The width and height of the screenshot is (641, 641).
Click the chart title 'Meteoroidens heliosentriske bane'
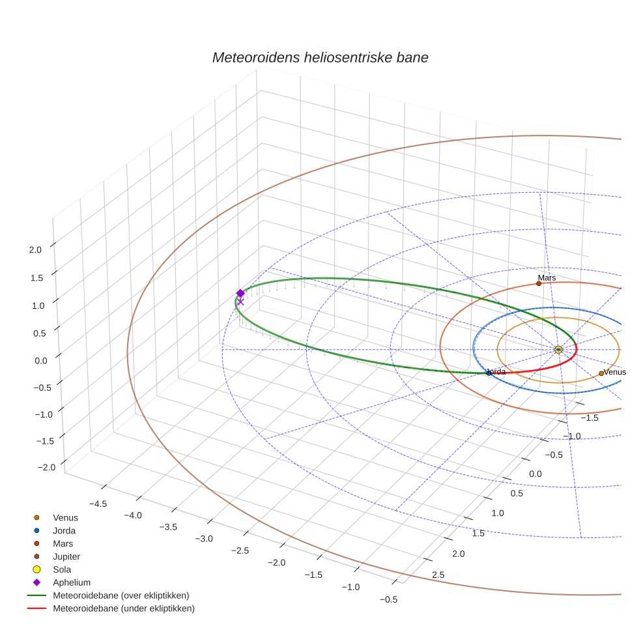320,57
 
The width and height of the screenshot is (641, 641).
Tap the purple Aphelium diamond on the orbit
240,293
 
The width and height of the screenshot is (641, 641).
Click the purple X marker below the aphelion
240,302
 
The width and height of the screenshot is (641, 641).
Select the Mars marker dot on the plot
539,283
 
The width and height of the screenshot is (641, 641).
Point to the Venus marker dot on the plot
601,373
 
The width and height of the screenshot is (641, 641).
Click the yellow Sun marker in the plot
558,350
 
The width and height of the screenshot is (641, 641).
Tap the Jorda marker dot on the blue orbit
489,373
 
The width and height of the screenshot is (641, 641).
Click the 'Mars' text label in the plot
547,278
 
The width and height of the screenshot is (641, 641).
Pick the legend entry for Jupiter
66,556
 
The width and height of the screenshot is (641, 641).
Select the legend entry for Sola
62,569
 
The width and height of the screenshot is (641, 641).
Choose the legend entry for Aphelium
71,582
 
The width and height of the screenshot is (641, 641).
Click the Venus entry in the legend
65,517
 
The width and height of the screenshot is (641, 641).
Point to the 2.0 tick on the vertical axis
35,249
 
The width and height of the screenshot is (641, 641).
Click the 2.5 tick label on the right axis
438,575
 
